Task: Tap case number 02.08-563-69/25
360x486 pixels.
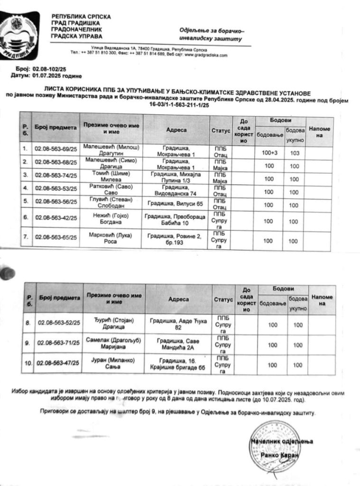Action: [55, 149]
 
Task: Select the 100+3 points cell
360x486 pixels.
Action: [269, 152]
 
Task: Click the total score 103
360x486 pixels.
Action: [294, 153]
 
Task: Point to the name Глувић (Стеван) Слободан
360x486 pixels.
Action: [110, 205]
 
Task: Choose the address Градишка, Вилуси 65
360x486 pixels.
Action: [175, 204]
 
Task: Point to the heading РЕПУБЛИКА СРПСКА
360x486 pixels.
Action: [81, 17]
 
